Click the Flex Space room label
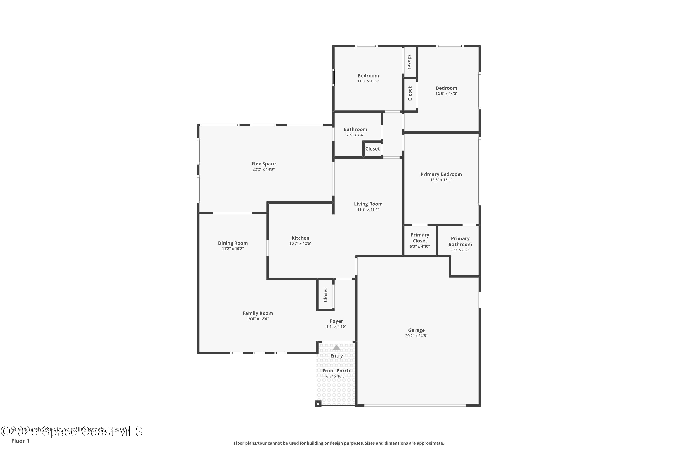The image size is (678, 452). [264, 164]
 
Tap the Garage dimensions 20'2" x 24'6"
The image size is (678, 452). [416, 336]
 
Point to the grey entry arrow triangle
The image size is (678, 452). [337, 347]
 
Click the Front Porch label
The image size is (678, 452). [336, 371]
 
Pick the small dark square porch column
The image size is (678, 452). [318, 404]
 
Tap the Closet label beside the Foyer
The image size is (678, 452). [325, 295]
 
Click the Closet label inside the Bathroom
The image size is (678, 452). [372, 149]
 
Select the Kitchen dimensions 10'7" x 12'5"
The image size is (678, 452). [300, 244]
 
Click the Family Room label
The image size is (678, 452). [258, 313]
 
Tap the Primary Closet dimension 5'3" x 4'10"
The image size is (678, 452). [420, 247]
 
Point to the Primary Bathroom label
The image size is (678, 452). [460, 242]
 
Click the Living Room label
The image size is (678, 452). [368, 204]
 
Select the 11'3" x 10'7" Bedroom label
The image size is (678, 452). [368, 76]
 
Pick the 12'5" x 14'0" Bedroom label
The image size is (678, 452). [446, 88]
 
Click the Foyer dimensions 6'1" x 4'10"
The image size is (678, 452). [336, 327]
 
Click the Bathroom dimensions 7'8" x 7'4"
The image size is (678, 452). [355, 135]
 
